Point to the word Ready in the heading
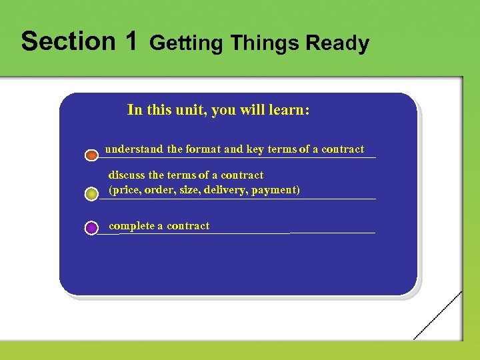[337, 43]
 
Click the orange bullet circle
[92, 155]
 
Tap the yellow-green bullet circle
[92, 194]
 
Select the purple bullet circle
[92, 228]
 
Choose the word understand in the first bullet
[134, 149]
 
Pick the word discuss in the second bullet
[127, 175]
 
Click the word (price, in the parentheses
[125, 190]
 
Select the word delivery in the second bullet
[228, 190]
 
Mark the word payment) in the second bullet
[277, 190]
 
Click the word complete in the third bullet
[131, 226]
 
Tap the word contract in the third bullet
[188, 226]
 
